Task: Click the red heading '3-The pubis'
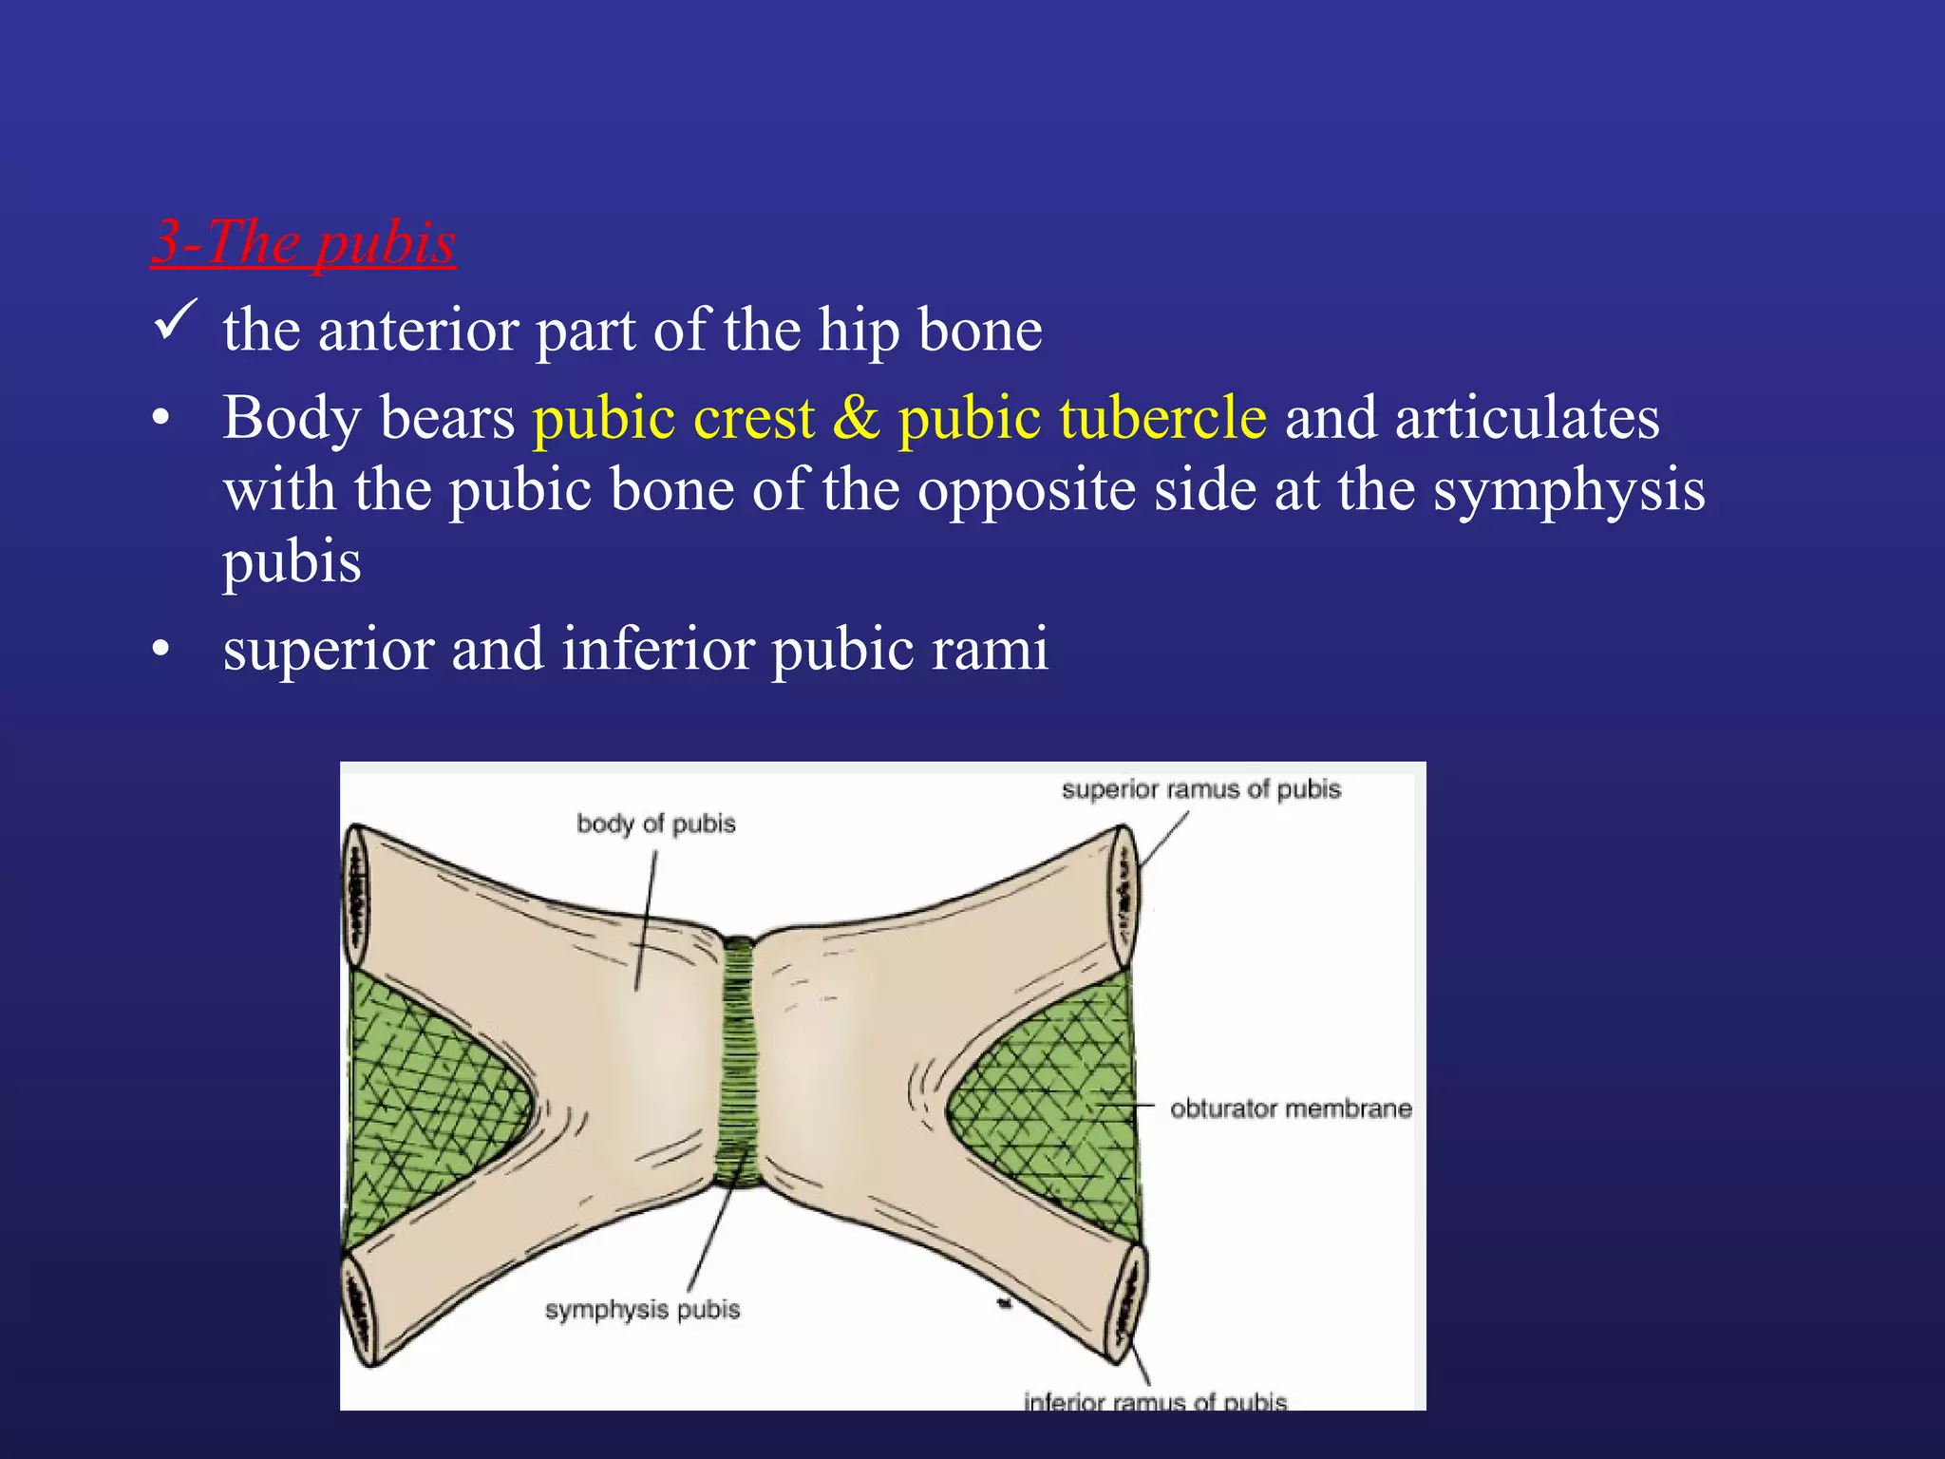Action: (x=304, y=242)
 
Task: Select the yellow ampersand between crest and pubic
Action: (x=857, y=418)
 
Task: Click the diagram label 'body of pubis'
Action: (x=656, y=824)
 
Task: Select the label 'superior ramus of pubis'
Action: (x=1200, y=789)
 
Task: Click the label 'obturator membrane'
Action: (x=1290, y=1108)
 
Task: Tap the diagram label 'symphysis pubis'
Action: (x=642, y=1310)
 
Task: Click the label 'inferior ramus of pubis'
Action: (x=1155, y=1401)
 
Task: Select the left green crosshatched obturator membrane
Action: (x=427, y=1102)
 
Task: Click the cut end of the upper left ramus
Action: (x=357, y=897)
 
